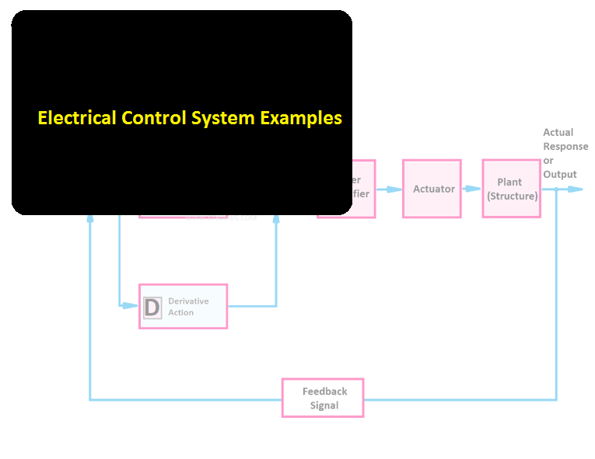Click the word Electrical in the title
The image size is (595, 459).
(76, 118)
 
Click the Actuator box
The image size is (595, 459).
(432, 189)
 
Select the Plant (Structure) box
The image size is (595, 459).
(511, 189)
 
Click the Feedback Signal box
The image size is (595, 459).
(323, 398)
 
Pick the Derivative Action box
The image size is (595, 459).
(184, 306)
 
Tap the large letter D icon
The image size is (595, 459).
(152, 308)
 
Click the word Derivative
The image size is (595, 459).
(188, 301)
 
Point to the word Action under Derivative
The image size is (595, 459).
(181, 312)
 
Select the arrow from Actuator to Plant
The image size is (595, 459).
(471, 189)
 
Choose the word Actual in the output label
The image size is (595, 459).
(558, 133)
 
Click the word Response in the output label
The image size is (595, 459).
(565, 146)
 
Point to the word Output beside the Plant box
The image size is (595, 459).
(560, 174)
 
